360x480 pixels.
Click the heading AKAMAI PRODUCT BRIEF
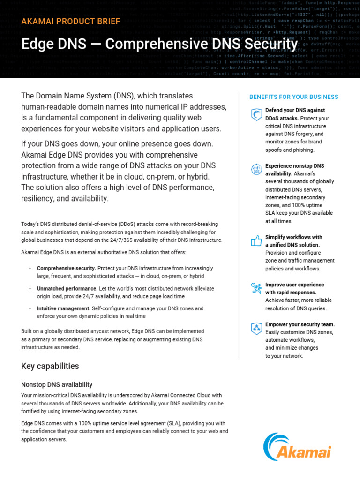[x=70, y=22]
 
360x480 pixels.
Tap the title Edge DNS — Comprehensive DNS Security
[x=159, y=45]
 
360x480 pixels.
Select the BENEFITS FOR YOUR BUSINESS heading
[x=293, y=97]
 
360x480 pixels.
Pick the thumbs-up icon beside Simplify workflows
[x=256, y=241]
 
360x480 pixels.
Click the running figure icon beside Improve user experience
[x=256, y=288]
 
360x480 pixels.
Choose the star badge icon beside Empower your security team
[x=256, y=328]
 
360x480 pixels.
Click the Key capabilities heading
[x=50, y=366]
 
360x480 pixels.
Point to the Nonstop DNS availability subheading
[x=57, y=385]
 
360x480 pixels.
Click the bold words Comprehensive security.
[x=66, y=268]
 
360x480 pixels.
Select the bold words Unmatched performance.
[x=67, y=289]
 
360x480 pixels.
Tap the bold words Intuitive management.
[x=63, y=308]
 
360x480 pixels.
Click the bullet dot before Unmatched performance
[x=30, y=289]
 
